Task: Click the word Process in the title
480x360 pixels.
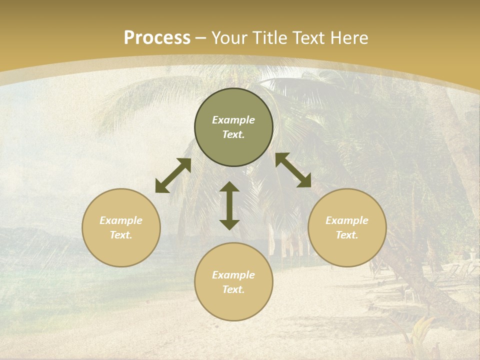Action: click(x=157, y=38)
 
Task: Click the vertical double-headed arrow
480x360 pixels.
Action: click(x=229, y=205)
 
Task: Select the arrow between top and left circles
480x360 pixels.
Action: click(x=173, y=175)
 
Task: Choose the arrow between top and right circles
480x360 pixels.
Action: click(x=293, y=170)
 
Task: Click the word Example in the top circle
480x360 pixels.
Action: click(x=233, y=120)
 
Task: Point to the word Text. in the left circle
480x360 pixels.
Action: click(x=121, y=235)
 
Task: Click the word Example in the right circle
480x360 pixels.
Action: click(x=347, y=220)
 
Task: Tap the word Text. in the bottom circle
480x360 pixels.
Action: click(x=233, y=289)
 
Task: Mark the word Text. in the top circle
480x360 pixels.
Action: click(x=233, y=134)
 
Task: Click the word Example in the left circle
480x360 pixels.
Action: click(x=121, y=220)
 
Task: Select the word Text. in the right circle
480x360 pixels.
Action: click(x=347, y=235)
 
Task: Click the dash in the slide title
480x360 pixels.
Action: click(x=201, y=38)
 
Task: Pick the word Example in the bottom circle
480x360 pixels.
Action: click(x=233, y=275)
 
